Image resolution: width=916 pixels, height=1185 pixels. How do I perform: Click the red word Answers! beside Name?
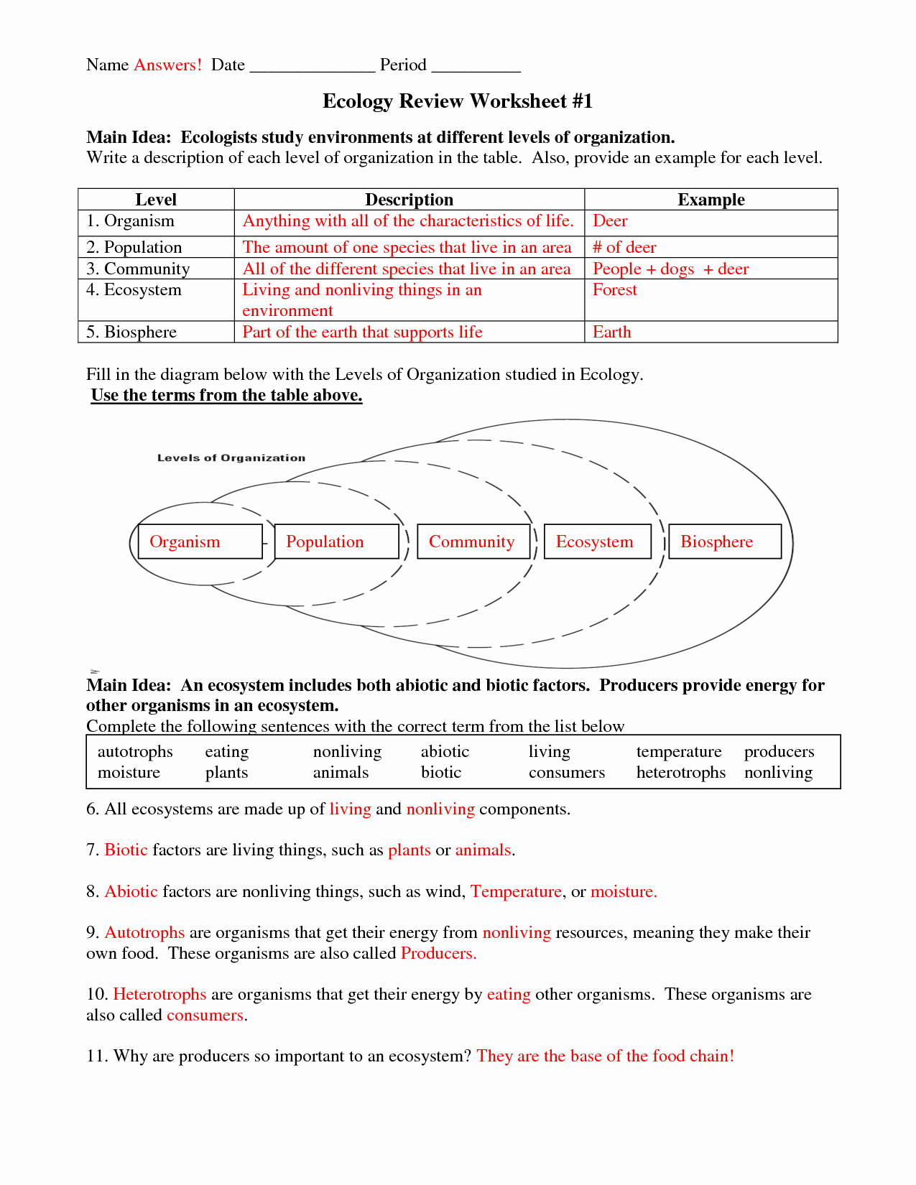168,65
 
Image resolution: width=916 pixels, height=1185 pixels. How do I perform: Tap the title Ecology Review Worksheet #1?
458,101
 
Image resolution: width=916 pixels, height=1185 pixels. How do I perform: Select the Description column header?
409,200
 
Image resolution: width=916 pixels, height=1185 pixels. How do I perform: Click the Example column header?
711,200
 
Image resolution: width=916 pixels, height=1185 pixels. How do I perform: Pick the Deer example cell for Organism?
610,221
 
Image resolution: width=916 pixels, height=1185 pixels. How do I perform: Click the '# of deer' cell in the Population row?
624,248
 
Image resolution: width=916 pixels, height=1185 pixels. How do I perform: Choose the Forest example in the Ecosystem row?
615,290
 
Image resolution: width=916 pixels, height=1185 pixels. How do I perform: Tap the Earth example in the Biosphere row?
612,333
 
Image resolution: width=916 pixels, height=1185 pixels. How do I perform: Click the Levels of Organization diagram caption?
231,458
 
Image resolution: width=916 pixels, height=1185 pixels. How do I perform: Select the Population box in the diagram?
336,542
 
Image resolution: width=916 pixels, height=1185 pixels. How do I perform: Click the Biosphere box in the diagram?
725,542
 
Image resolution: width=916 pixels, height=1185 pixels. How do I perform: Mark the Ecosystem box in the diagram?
598,542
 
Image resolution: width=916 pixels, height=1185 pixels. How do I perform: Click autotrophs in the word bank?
135,752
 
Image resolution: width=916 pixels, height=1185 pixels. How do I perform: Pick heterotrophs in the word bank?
681,773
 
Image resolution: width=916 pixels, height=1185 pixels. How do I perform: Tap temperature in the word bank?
679,752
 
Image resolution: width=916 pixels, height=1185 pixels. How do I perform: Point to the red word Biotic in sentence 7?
126,850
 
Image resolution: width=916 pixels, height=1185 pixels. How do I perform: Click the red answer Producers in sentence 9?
438,954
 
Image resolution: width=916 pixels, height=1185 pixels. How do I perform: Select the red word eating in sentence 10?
509,995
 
